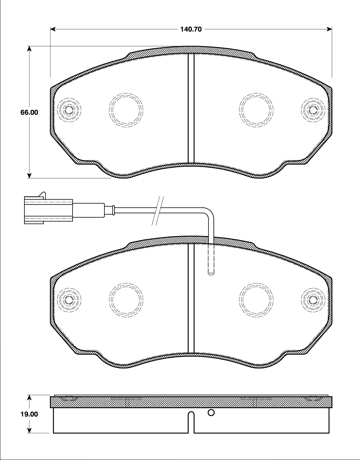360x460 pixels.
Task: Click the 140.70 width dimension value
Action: click(x=191, y=29)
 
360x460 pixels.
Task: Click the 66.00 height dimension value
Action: click(x=29, y=112)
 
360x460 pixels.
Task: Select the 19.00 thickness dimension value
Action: click(x=29, y=414)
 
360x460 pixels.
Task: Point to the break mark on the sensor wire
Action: click(x=158, y=211)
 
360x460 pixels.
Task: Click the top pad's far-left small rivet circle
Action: click(x=69, y=110)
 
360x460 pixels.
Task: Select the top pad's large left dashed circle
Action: click(x=126, y=110)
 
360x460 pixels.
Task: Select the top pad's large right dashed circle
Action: click(x=256, y=110)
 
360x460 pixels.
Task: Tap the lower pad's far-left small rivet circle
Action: click(x=69, y=299)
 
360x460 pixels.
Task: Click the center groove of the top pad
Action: click(x=191, y=108)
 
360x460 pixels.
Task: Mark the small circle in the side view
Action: click(x=211, y=412)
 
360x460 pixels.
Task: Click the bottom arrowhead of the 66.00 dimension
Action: click(x=29, y=175)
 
